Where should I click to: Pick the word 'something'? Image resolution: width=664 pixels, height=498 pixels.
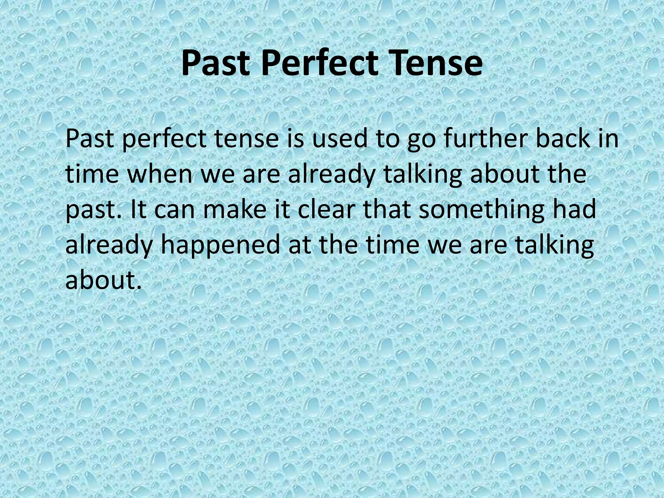[x=480, y=209]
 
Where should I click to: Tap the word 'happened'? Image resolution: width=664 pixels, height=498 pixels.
[x=220, y=244]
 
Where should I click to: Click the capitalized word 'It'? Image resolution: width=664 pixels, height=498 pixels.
[x=138, y=209]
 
